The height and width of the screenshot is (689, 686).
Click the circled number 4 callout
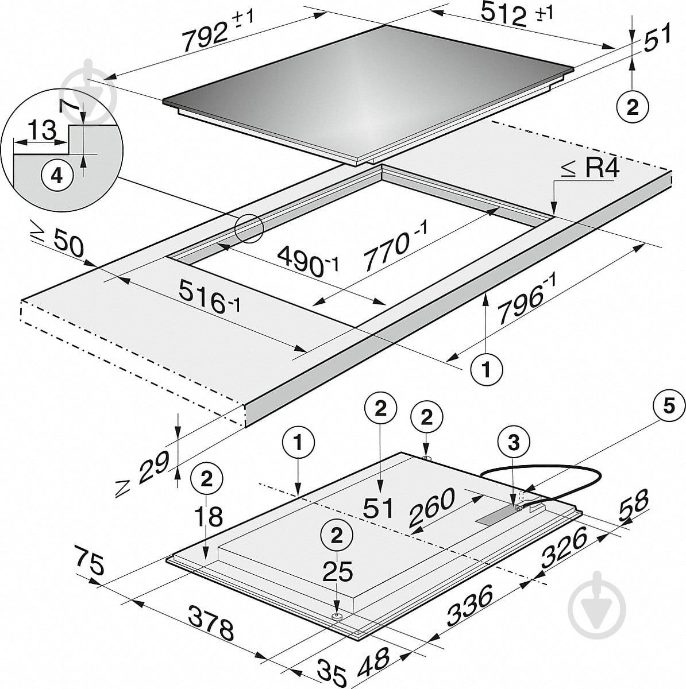tap(57, 176)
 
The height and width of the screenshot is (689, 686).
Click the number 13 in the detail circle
tap(41, 130)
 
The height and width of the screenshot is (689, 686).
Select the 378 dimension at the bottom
tap(211, 622)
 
